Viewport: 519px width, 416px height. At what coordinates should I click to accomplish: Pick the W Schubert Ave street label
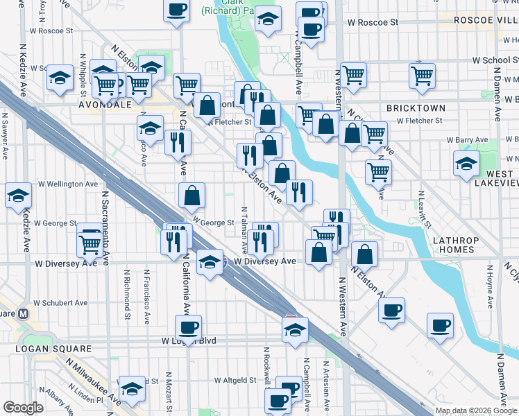coord(63,303)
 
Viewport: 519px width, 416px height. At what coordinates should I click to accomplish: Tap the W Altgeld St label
coord(241,381)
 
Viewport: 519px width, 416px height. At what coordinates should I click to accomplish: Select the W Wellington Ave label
coord(67,184)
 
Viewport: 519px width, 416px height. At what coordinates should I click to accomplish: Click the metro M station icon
coord(24,313)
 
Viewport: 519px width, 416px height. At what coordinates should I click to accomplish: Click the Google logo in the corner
coord(23,408)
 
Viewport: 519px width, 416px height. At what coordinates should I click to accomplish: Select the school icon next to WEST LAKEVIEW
coord(466,164)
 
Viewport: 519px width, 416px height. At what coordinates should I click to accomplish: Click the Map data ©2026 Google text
coord(476,410)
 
